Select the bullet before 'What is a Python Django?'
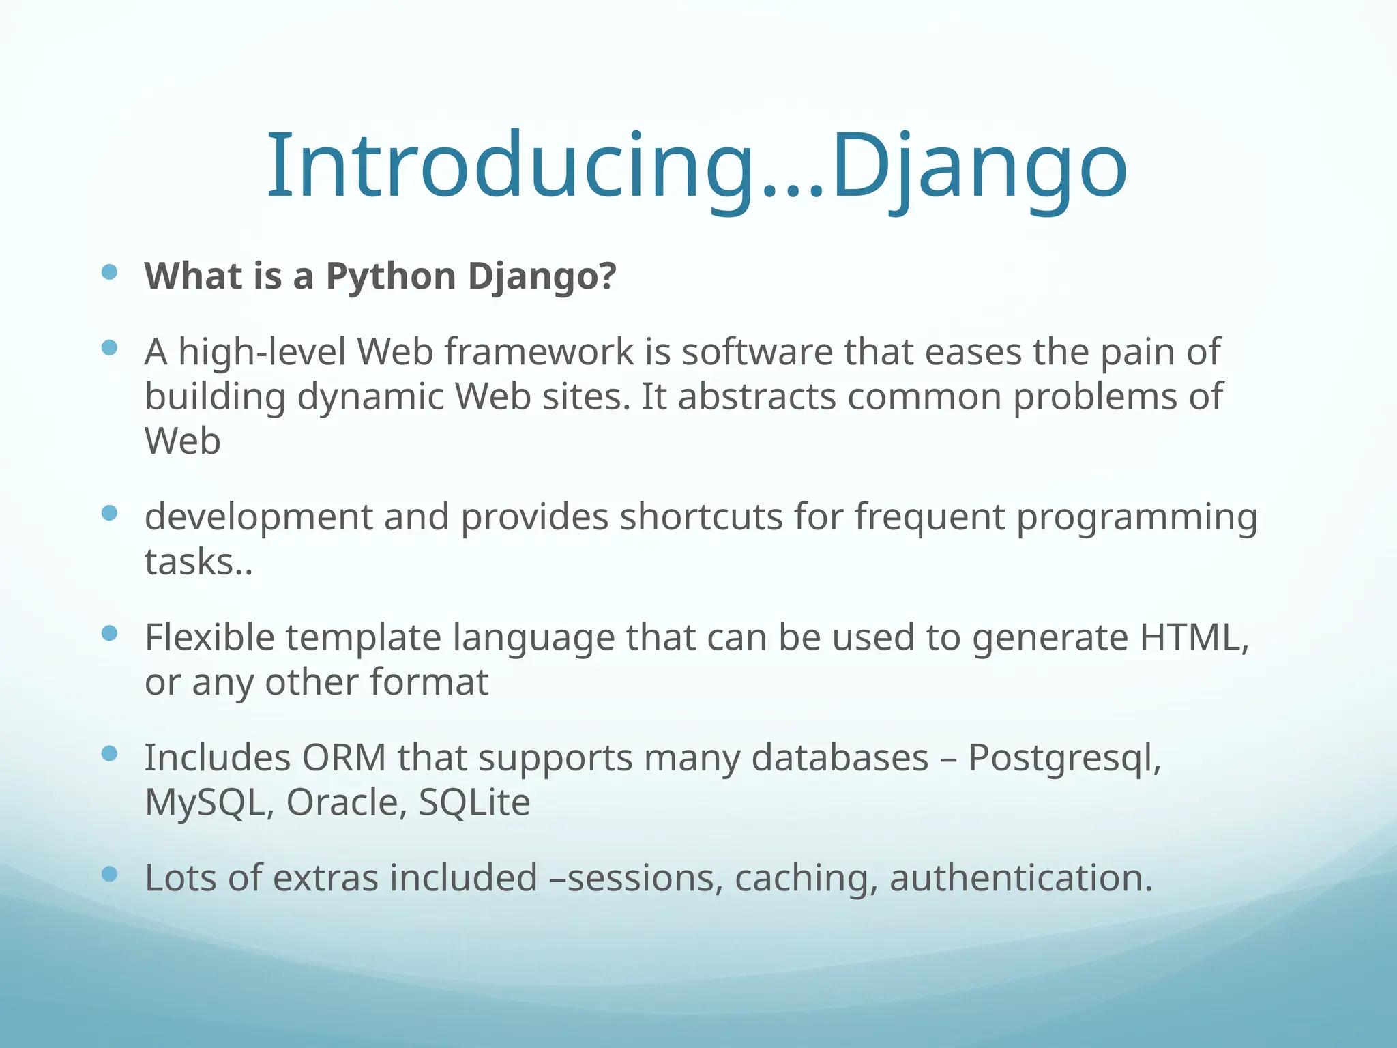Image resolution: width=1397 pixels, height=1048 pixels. pos(109,273)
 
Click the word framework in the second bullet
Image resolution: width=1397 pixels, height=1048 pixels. pos(540,352)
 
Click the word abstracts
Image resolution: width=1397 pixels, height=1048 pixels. pos(756,397)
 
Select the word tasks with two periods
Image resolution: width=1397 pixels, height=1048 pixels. pos(198,562)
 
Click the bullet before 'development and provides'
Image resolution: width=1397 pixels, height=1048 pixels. pos(109,513)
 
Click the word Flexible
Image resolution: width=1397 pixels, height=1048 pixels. pos(209,637)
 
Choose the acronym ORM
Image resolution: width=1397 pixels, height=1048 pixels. pos(344,757)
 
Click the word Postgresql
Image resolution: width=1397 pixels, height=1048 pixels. pos(1064,759)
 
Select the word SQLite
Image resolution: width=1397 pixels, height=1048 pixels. pos(474,802)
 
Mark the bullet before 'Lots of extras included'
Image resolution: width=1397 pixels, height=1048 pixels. pos(109,874)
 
